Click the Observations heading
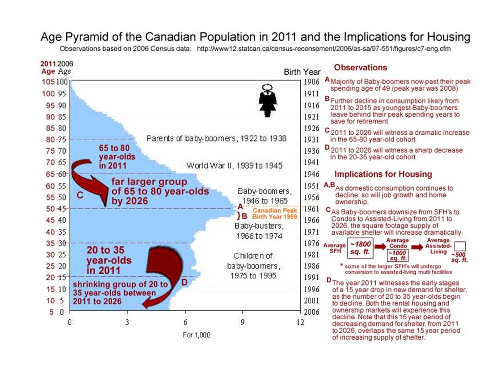(x=360, y=68)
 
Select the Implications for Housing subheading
(x=383, y=174)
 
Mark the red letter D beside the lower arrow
(x=183, y=282)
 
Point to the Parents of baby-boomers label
(x=216, y=138)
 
